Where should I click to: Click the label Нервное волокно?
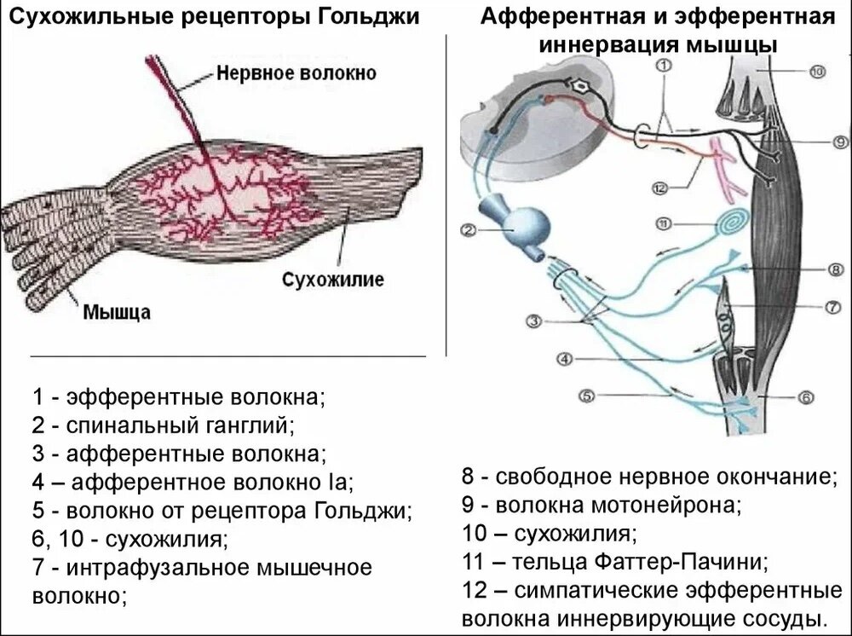296,73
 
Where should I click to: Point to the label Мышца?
117,311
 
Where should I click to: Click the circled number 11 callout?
665,224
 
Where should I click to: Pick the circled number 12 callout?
656,188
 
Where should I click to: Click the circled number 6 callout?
807,397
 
